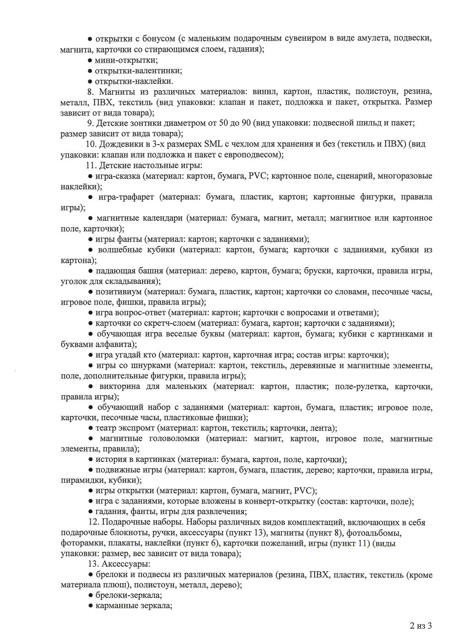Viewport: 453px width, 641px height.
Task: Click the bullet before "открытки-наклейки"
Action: pyautogui.click(x=91, y=81)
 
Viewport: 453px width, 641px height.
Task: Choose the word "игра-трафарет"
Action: pyautogui.click(x=127, y=197)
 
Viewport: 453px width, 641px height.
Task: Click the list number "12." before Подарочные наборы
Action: pyautogui.click(x=93, y=522)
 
